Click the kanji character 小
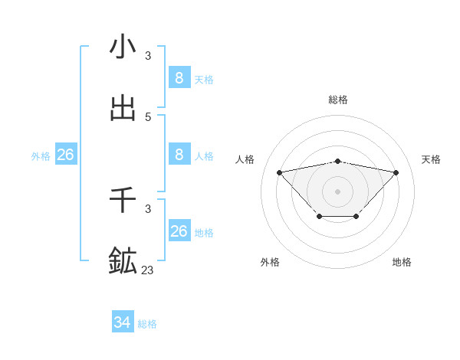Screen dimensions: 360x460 123,47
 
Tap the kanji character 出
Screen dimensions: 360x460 123,108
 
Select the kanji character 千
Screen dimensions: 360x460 123,201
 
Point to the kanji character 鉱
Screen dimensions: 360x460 123,261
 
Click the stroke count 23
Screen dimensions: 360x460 148,270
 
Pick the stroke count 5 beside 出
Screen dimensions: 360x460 148,117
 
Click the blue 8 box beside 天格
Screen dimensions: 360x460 179,77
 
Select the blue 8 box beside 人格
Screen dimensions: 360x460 179,154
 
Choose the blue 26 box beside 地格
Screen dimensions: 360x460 179,231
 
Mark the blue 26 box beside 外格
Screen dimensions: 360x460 65,155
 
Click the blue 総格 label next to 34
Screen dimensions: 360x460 148,324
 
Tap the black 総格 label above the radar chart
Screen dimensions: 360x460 338,100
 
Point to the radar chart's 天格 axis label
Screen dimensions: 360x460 432,159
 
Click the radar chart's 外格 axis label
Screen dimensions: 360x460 270,262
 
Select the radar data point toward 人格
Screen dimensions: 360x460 280,172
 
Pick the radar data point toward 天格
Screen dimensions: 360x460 396,172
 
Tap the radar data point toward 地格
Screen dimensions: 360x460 356,218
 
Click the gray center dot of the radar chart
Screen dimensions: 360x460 338,191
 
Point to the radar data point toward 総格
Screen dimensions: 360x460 338,161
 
